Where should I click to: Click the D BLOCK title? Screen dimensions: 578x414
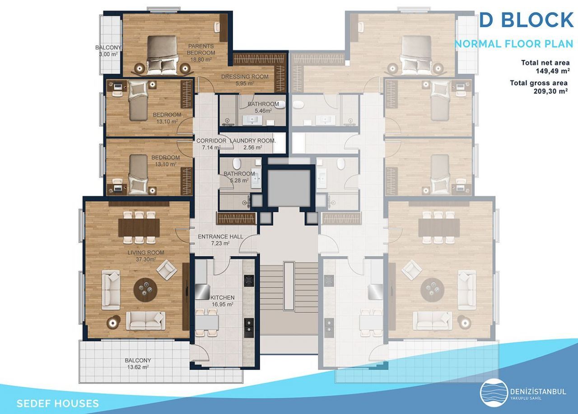coord(527,20)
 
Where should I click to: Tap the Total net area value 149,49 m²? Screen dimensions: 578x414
coord(553,71)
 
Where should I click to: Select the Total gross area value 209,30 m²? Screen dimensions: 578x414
coord(550,91)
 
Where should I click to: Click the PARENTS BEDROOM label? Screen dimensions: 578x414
coord(201,50)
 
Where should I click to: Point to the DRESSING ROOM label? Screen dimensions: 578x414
coord(245,77)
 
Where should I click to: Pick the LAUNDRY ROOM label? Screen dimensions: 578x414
coord(252,141)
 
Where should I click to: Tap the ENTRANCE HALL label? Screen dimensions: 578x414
coord(220,237)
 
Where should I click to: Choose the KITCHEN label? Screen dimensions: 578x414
coord(223,298)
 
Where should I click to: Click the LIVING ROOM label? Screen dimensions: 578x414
coord(146,253)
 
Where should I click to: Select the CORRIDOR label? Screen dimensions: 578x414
coord(211,141)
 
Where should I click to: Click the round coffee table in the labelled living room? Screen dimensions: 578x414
coord(146,290)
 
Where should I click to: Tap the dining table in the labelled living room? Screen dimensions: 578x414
coord(139,228)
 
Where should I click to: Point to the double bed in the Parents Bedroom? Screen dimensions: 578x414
coord(162,55)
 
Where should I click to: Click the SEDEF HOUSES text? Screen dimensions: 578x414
coord(57,404)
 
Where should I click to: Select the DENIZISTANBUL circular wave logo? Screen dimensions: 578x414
coord(494,393)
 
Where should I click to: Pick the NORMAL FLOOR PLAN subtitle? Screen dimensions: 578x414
coord(514,44)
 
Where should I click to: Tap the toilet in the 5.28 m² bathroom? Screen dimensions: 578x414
coord(236,164)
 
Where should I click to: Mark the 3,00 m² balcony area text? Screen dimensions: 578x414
coord(108,55)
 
